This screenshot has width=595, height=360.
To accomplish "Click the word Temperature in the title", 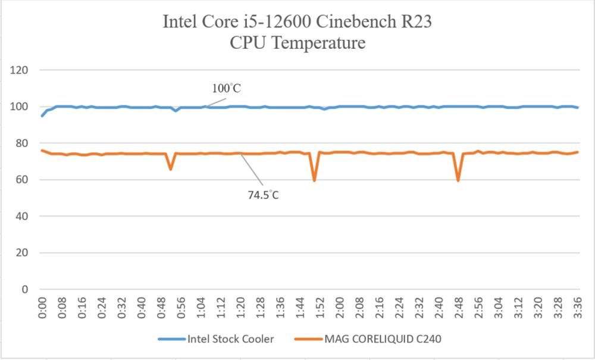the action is pos(319,43).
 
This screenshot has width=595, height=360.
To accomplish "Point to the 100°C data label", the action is pos(227,89).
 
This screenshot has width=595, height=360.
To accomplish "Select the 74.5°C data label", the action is pos(264,195).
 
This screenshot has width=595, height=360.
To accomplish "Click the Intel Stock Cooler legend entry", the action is pos(216,339).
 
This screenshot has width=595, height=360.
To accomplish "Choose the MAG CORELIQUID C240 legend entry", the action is pos(368,339).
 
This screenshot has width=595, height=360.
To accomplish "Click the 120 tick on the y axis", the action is pos(20,70).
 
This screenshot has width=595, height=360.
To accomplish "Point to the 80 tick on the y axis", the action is pos(22,143).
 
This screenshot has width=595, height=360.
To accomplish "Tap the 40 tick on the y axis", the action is pos(22,216).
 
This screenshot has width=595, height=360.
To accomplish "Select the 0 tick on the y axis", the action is pos(25,289).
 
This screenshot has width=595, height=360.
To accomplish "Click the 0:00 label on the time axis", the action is pos(42,308).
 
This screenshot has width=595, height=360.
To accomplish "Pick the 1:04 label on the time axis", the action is pos(201,308).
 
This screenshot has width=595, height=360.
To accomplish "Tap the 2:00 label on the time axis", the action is pos(340,308).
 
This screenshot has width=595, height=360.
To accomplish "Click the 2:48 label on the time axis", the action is pos(459,308).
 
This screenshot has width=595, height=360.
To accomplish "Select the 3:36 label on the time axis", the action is pos(578,308).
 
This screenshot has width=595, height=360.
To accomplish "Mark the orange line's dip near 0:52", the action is pos(171,169).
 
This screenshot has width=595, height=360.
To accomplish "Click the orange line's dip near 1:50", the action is pos(314,180).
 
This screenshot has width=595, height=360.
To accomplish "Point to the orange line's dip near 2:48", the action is pos(458,180).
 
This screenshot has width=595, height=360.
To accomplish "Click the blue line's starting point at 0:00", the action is pos(42,115).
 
